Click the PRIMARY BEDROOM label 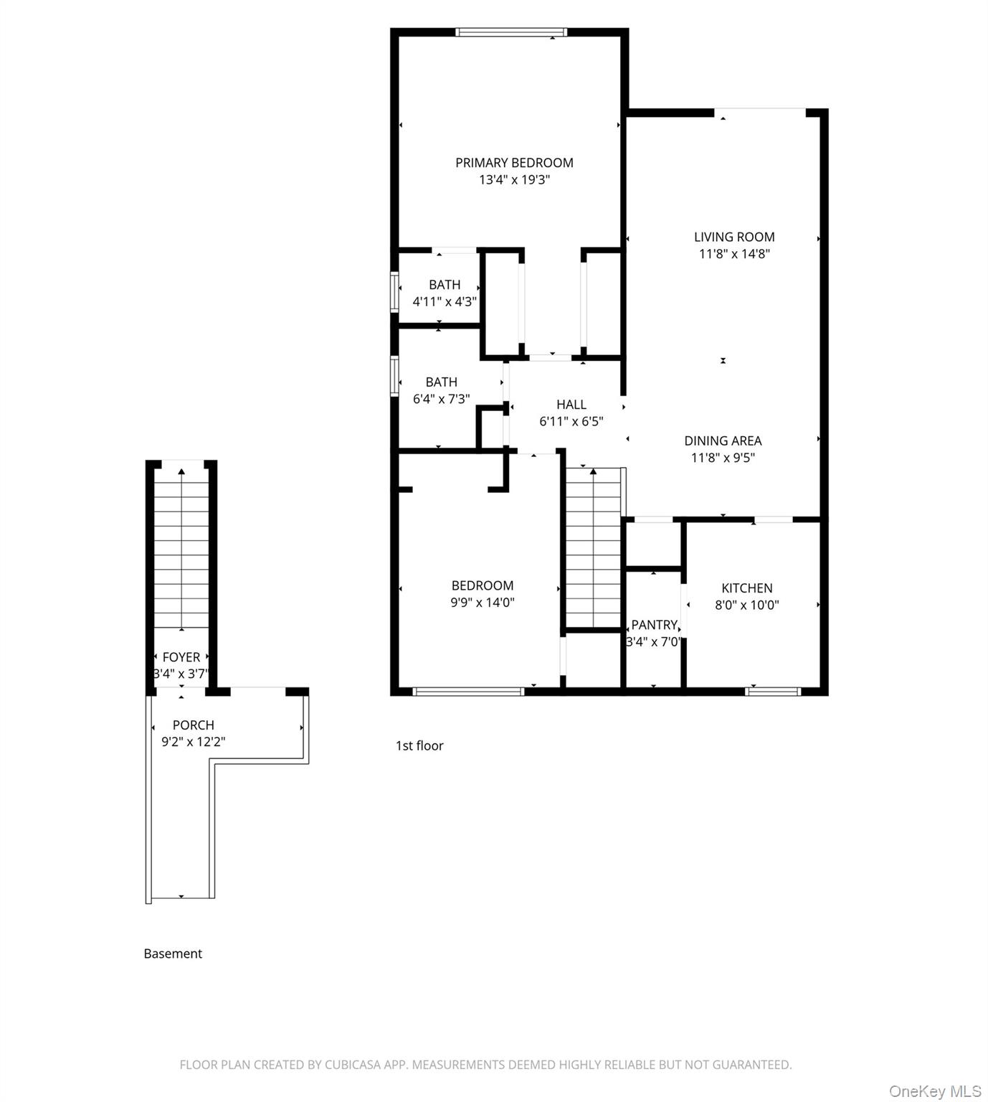[x=514, y=163]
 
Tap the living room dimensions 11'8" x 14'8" [x=734, y=254]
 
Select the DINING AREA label [x=723, y=441]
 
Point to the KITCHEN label [x=746, y=588]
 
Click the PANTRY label [x=654, y=625]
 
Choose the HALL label [x=571, y=405]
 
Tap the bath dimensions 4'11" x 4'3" [x=445, y=302]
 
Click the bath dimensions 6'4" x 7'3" [x=441, y=399]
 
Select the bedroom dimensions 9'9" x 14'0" [x=482, y=603]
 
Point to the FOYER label [x=181, y=657]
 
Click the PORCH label [x=193, y=725]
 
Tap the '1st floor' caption [x=419, y=746]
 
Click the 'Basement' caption [x=173, y=954]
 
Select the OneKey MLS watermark [x=934, y=1091]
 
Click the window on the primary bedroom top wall [x=511, y=32]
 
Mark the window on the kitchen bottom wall [x=772, y=692]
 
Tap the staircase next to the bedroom [x=593, y=548]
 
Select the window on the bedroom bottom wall [x=468, y=692]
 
